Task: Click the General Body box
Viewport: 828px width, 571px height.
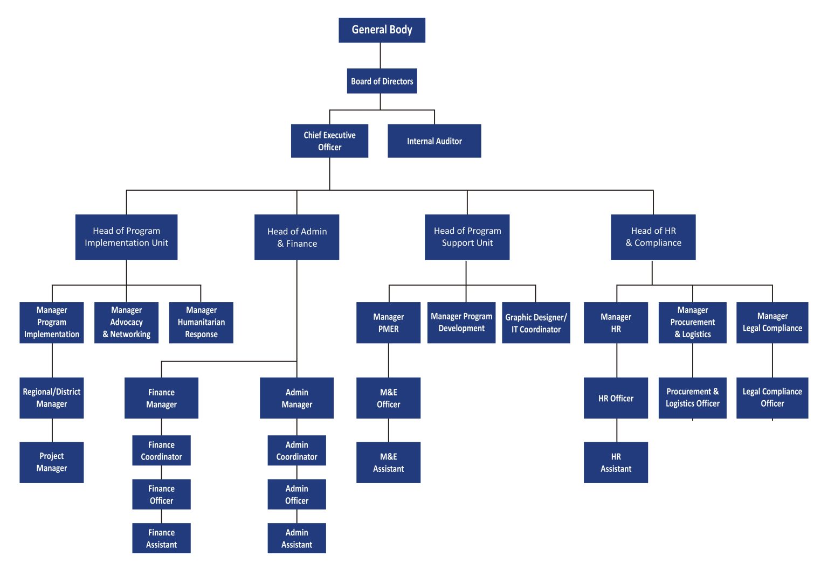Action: [382, 30]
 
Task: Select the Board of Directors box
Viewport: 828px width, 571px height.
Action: [382, 81]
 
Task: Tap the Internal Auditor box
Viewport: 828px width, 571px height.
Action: [434, 141]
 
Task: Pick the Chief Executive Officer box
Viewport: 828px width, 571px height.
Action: [329, 141]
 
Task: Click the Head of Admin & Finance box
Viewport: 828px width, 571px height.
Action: [296, 238]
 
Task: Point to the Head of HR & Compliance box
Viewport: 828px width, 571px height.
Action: [653, 237]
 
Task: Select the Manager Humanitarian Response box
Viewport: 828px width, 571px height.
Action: [201, 322]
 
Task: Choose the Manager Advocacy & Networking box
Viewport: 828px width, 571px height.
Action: [126, 322]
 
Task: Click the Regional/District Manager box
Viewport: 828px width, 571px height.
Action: [52, 398]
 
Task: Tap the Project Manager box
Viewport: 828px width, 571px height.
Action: [52, 462]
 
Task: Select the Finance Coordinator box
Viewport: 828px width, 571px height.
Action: [161, 450]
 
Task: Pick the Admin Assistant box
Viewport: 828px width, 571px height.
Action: [296, 538]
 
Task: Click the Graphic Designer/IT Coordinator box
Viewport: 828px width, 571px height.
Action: [536, 323]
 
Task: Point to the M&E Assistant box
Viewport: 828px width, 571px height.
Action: [388, 462]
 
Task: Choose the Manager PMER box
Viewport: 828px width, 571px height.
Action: [388, 323]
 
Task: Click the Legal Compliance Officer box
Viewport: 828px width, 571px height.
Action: [772, 398]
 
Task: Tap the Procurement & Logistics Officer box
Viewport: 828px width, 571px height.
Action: [692, 398]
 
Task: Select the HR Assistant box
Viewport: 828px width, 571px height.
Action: [616, 462]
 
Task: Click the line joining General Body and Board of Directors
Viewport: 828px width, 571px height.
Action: [381, 55]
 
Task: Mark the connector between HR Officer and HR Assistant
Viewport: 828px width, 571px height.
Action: [617, 430]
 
